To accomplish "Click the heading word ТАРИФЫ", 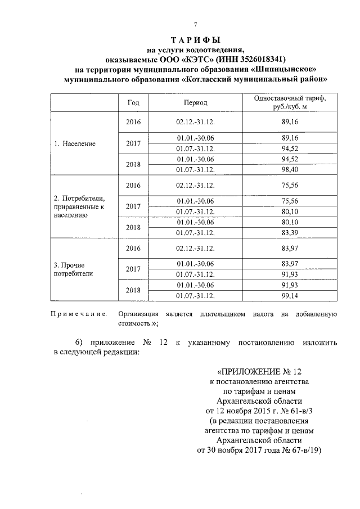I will (x=195, y=40).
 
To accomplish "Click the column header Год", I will (x=134, y=103).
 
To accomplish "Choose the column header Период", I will (x=195, y=103).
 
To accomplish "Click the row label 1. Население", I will (x=74, y=143).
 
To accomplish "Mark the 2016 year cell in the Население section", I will (x=133, y=122).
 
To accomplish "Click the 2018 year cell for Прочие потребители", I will (x=133, y=290).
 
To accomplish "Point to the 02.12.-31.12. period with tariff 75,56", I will (x=195, y=185).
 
